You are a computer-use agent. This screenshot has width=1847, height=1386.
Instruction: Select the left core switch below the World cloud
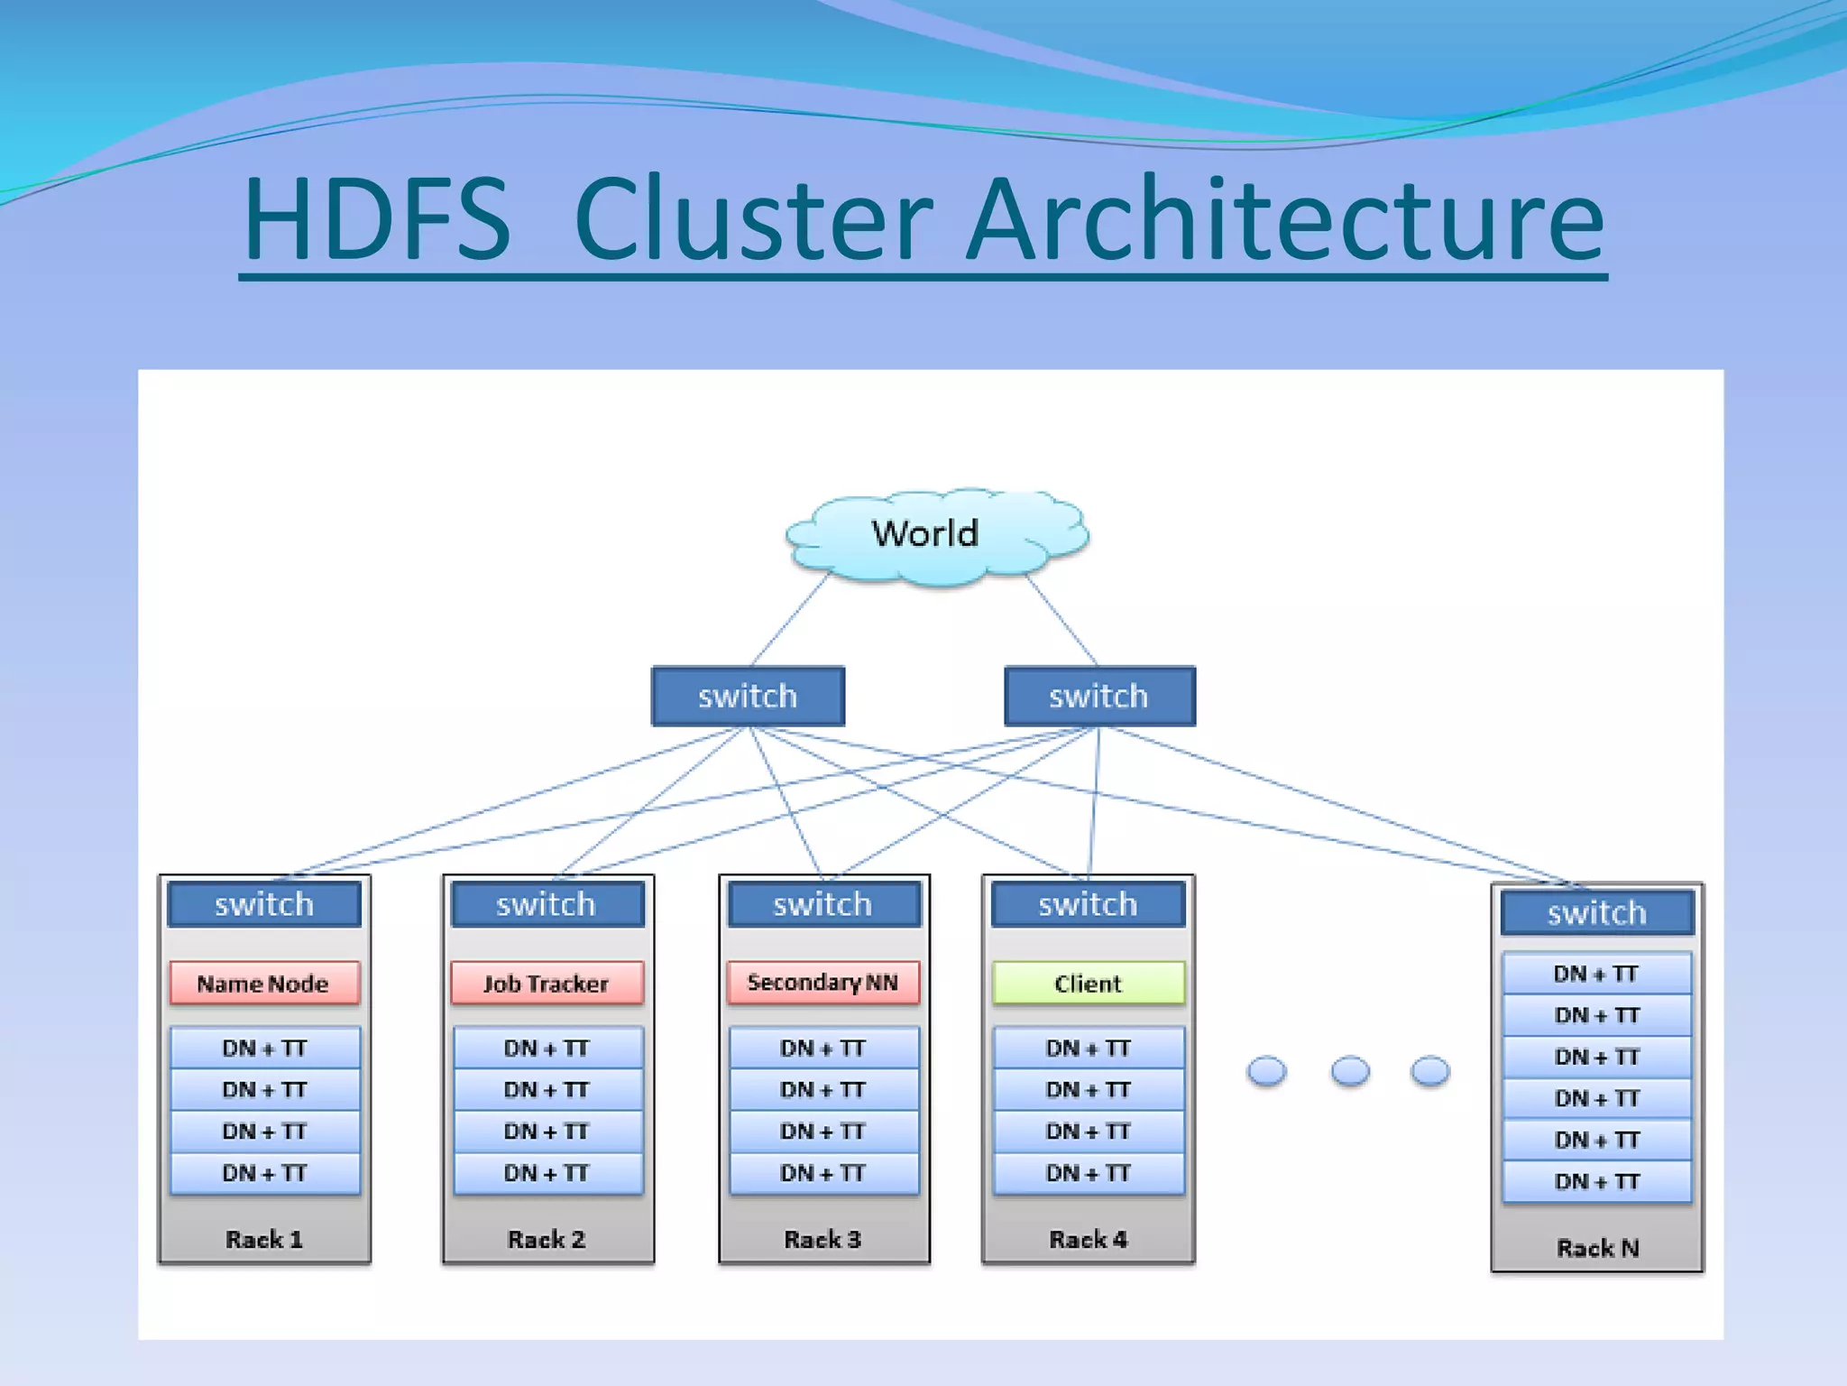click(x=748, y=696)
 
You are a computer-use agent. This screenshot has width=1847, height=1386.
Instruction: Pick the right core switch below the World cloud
click(x=1099, y=696)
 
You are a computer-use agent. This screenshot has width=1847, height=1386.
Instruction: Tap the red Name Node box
click(x=263, y=983)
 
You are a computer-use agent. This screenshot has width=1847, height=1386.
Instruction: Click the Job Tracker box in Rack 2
click(x=547, y=983)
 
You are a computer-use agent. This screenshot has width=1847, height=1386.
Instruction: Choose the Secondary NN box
click(x=822, y=983)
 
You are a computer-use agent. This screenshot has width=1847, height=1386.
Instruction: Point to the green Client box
click(x=1088, y=983)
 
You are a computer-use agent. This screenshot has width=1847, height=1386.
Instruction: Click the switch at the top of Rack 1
click(x=263, y=904)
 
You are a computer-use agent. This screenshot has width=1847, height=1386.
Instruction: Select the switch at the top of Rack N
click(x=1597, y=913)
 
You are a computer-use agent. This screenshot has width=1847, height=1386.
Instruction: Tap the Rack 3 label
click(x=822, y=1239)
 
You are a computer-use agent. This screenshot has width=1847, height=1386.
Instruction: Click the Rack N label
click(x=1597, y=1248)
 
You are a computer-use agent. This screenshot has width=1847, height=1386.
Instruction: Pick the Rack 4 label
click(x=1088, y=1239)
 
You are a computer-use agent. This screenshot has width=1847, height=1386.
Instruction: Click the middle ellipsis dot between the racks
click(x=1350, y=1071)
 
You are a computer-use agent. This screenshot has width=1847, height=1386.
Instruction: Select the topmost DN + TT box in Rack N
click(x=1596, y=974)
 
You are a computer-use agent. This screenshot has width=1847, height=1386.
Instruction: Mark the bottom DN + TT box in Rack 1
click(x=264, y=1173)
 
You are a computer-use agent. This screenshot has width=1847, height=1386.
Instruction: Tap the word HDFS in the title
click(x=377, y=219)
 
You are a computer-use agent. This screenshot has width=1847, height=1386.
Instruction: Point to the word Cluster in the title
click(x=753, y=219)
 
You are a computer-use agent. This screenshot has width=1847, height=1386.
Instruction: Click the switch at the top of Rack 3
click(x=822, y=904)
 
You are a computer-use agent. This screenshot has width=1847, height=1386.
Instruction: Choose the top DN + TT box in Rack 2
click(x=547, y=1048)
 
